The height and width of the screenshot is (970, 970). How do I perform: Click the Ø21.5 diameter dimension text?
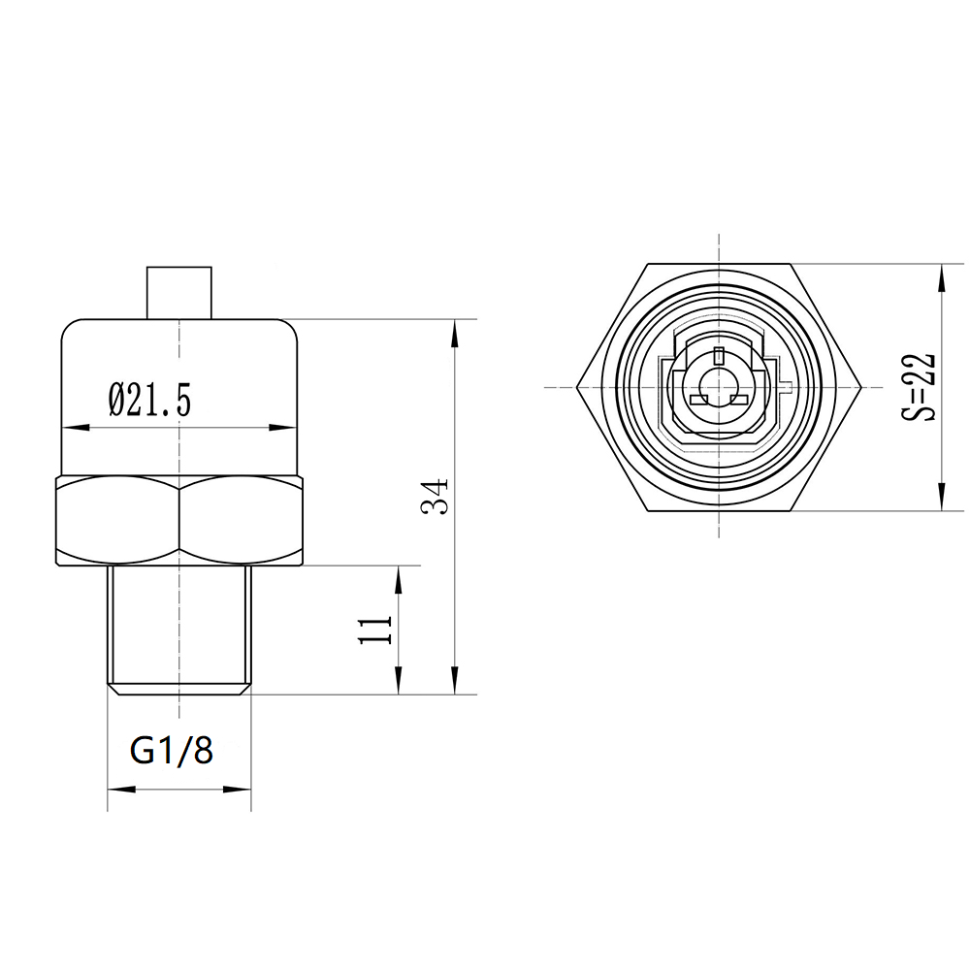(150, 400)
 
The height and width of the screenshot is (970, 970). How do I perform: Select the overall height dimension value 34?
(436, 497)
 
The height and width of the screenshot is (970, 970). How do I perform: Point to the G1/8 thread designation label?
(172, 750)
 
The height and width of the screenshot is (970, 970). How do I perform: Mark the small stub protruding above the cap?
(178, 291)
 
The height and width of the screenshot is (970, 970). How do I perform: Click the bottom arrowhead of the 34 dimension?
(455, 684)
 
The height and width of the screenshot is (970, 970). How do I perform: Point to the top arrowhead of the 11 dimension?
(399, 576)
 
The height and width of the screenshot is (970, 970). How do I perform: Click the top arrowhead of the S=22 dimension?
(940, 275)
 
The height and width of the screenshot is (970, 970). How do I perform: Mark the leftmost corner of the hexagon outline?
(577, 387)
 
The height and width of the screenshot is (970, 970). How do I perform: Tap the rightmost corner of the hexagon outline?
(860, 387)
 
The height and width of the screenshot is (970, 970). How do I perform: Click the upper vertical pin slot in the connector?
(718, 355)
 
